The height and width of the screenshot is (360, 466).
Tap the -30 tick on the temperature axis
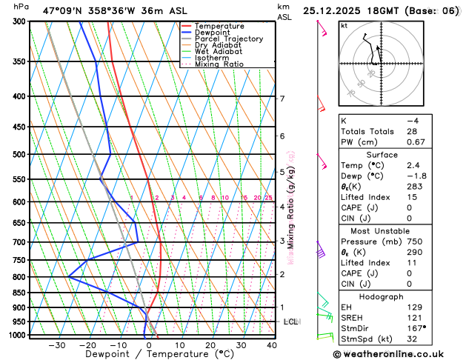coord(57,345)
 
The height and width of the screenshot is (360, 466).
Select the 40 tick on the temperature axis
coord(272,345)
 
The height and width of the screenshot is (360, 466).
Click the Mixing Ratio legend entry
coord(217,64)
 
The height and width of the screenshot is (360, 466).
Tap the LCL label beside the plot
coord(290,322)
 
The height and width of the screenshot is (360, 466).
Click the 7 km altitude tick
coord(282,99)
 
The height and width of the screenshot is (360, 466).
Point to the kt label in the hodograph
coord(344,26)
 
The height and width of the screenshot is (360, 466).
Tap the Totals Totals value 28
coord(411,131)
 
